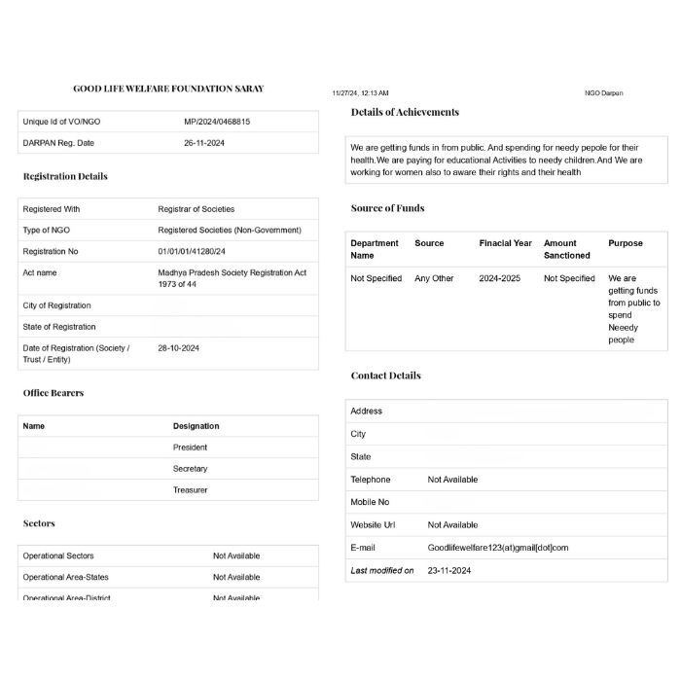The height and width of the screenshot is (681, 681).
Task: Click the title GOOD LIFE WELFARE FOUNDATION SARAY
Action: coord(168,89)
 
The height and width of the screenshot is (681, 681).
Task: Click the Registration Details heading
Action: coord(65,176)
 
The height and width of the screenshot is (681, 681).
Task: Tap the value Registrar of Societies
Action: coord(196,209)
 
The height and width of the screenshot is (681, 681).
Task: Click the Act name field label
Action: coord(40,273)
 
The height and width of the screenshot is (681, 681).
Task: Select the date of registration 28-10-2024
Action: coord(178,347)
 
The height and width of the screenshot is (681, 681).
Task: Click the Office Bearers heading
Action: coord(54,393)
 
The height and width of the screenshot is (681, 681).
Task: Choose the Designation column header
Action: coord(196,426)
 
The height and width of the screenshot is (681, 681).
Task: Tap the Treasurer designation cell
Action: coord(190,490)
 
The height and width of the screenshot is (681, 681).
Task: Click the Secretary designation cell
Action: coord(190,469)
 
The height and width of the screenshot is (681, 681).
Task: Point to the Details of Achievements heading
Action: coord(405,112)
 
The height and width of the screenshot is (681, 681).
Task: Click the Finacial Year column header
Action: coord(505,243)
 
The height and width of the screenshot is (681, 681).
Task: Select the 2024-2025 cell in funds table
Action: coord(499,278)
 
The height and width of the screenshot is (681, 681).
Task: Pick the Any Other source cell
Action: coord(434,278)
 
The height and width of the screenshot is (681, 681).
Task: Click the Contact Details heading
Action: coord(386,376)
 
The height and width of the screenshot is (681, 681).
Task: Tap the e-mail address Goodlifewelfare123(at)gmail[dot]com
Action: coord(498,548)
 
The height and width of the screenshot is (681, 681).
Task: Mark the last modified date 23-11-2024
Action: coord(449,571)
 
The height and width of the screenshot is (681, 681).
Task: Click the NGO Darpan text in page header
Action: coord(603,93)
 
